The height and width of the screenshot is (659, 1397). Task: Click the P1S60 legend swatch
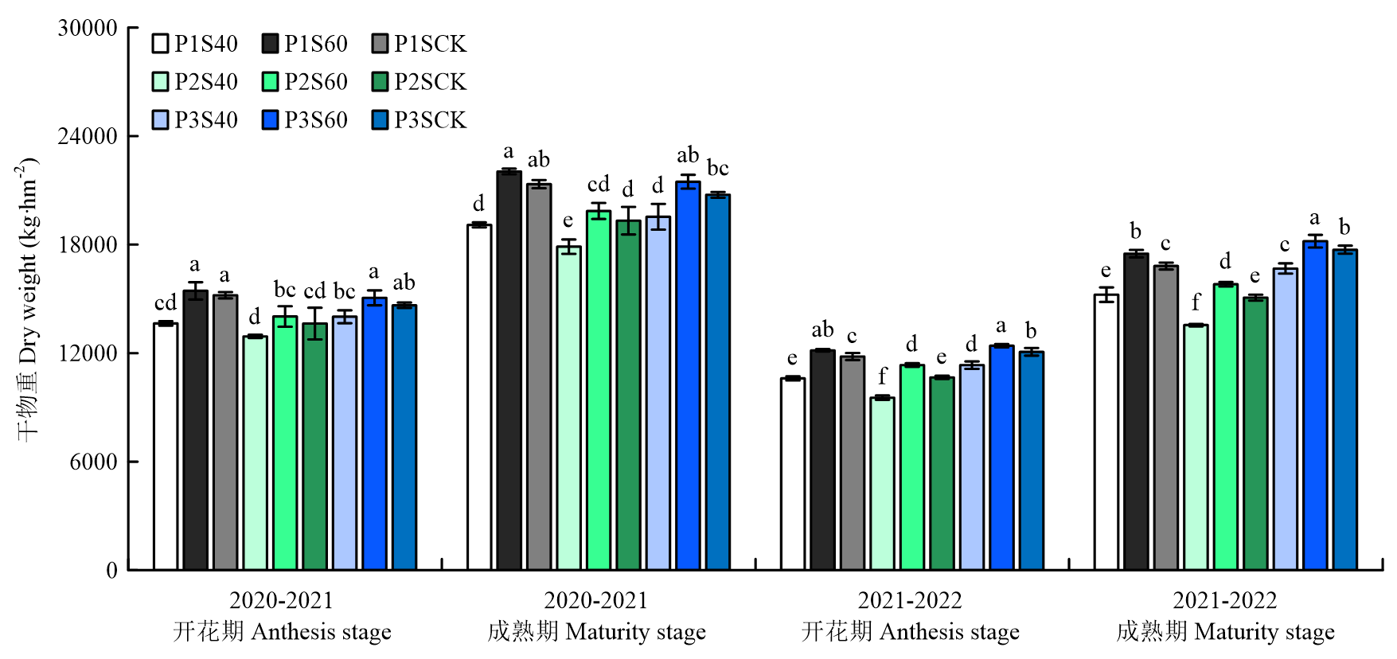[x=271, y=44]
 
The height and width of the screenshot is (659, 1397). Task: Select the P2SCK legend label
[x=430, y=82]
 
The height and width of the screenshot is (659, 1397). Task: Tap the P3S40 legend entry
[x=205, y=120]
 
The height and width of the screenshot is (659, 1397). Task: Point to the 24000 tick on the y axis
[x=88, y=136]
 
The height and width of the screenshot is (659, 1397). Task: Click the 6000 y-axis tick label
[x=93, y=462]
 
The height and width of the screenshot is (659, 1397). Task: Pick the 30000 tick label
[x=88, y=28]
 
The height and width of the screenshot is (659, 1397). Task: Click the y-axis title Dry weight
[x=28, y=298]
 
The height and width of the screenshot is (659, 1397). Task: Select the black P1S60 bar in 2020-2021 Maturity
[x=509, y=370]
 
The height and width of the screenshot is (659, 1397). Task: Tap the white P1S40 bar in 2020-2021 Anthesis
[x=166, y=446]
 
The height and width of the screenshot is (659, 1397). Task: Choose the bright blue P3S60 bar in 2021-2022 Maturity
[x=1315, y=406]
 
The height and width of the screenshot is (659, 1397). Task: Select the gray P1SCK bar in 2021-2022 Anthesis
[x=852, y=462]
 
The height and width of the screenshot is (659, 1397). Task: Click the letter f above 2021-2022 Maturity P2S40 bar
[x=1196, y=303]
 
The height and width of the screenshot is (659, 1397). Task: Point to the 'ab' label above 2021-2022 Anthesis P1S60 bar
[x=822, y=329]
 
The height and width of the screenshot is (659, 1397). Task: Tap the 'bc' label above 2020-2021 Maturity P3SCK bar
[x=718, y=169]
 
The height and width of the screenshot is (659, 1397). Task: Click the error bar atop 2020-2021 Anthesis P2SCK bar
[x=314, y=323]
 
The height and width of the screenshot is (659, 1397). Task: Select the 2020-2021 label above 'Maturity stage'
[x=595, y=600]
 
